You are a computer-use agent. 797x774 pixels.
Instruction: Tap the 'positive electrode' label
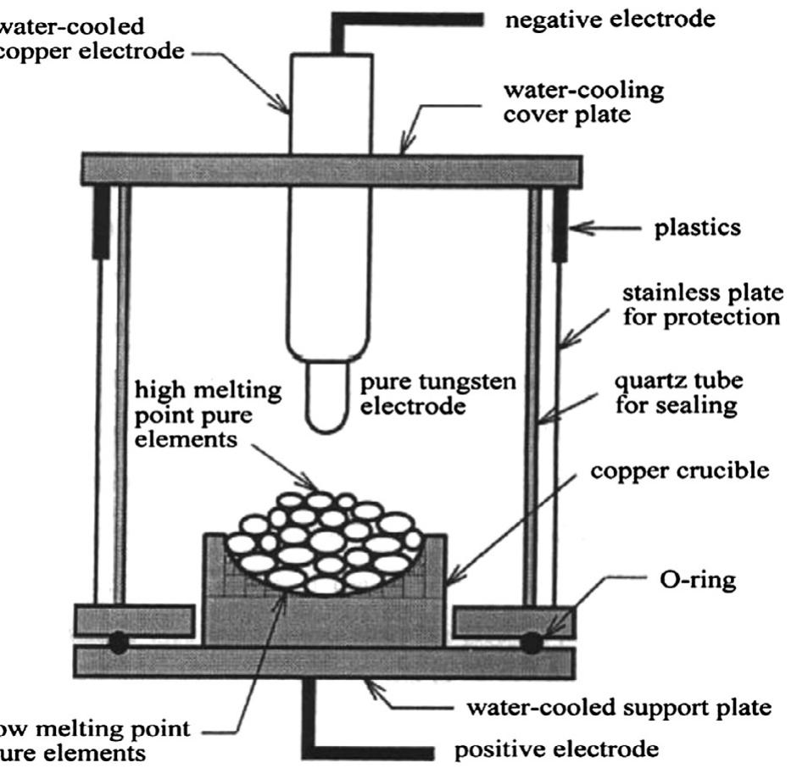[556, 749]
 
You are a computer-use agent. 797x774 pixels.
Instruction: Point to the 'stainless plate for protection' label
[700, 305]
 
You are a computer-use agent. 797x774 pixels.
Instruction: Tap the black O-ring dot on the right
[532, 643]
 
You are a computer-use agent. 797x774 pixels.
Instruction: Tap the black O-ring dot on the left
[118, 643]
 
